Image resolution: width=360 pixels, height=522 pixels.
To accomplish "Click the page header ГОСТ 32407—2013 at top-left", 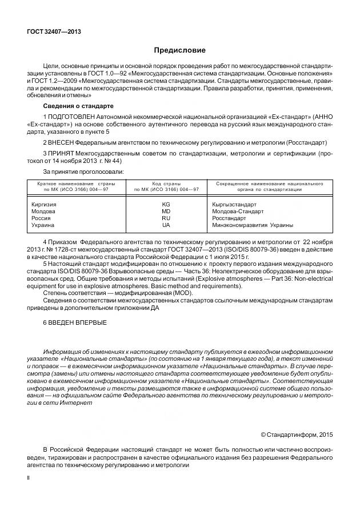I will (x=54, y=31).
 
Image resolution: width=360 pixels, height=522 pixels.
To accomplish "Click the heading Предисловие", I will (x=179, y=50).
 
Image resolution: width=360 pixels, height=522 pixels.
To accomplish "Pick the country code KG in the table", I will (x=166, y=204).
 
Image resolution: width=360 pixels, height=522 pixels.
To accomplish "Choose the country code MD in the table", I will (x=166, y=211).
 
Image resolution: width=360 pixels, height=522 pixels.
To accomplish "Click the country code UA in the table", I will (x=166, y=225).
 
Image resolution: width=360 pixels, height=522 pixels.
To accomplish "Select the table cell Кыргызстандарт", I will (x=234, y=204).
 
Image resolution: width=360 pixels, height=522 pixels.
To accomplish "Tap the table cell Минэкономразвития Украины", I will (x=252, y=225).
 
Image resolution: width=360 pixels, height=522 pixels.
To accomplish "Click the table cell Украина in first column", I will (x=43, y=225).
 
